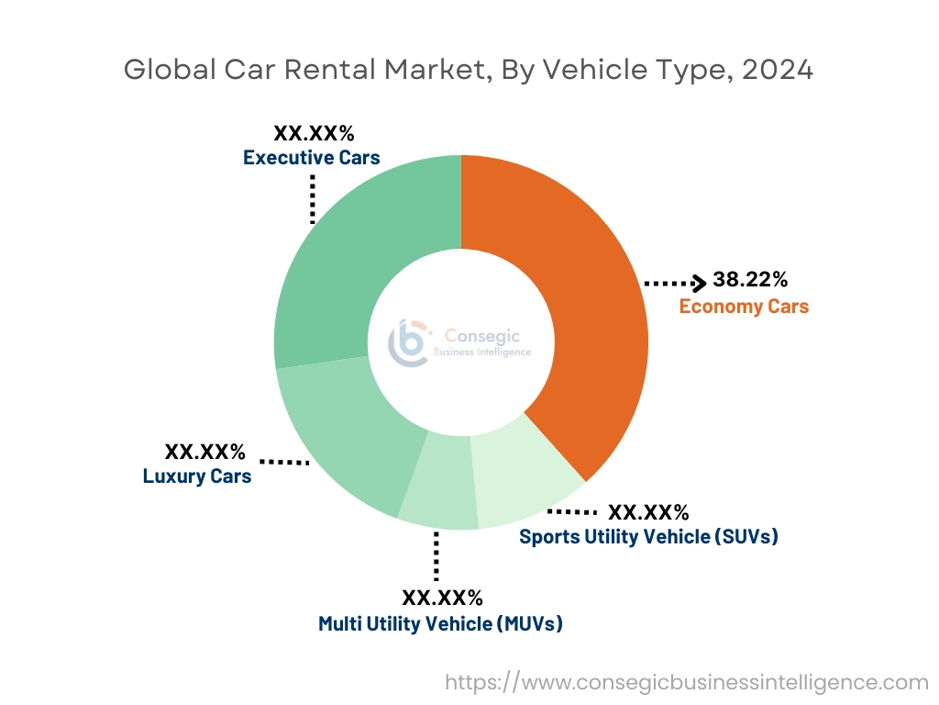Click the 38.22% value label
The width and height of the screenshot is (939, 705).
750,281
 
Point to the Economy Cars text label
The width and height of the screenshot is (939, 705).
744,307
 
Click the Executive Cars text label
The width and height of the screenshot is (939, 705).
311,158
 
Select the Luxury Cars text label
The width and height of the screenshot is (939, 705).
197,476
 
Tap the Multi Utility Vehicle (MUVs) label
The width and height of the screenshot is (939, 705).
440,624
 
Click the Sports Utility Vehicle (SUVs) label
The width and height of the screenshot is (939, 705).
648,537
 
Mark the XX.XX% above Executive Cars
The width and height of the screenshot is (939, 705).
314,133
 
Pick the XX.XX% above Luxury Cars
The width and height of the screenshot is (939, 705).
204,452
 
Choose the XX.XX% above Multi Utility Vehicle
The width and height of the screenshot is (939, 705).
442,599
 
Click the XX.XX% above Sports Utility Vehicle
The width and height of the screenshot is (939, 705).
648,511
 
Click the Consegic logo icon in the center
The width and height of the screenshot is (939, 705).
408,342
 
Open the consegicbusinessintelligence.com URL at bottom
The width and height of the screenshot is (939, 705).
687,682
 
